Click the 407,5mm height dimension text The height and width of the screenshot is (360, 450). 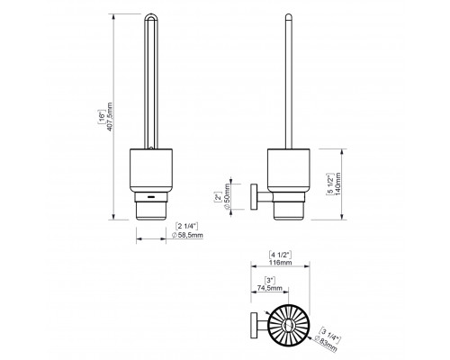coord(110,117)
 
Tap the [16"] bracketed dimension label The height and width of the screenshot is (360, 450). coord(102,117)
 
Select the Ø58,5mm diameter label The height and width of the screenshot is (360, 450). coord(187,235)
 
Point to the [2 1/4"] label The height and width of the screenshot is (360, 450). coord(186,226)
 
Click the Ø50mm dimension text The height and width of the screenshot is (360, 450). coord(227,196)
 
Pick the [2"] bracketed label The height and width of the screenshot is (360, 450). coord(218,198)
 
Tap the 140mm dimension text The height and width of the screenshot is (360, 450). coord(338,184)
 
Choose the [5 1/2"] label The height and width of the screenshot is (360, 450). coord(329,184)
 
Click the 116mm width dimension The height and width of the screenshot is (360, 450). coord(281,263)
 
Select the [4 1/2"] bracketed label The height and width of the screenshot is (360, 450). coord(281,255)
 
